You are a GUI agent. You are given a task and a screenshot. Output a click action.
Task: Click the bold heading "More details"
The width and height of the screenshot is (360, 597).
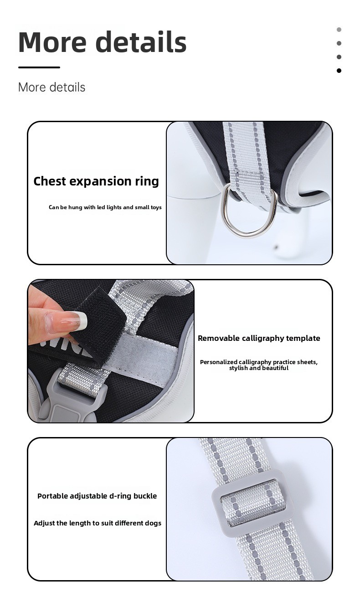click(103, 42)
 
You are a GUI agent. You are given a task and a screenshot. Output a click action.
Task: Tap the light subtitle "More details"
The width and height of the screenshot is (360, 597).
click(51, 87)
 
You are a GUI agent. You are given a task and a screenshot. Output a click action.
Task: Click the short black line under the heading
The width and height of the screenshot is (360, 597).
click(39, 67)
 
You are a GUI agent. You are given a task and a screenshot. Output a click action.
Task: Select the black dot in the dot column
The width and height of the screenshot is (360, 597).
click(339, 71)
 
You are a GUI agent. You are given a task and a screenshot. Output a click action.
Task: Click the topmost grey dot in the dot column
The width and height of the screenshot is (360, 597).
click(339, 30)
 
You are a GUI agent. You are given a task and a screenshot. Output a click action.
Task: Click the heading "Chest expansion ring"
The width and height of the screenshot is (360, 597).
click(96, 181)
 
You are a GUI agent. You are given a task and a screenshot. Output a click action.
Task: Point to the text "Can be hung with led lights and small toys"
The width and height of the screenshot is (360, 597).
click(105, 207)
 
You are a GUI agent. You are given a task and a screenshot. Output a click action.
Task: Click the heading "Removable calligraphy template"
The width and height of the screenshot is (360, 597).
click(259, 338)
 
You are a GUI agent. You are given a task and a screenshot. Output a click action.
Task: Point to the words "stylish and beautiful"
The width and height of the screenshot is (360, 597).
click(259, 368)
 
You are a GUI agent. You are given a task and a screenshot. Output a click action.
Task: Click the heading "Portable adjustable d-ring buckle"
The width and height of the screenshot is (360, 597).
click(97, 496)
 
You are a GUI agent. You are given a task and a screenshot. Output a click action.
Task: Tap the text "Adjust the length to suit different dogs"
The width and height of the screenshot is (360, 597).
click(98, 523)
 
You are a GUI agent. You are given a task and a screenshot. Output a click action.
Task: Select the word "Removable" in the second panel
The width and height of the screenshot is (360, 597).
click(219, 338)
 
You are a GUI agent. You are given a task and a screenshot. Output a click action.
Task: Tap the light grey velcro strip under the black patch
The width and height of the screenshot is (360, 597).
click(144, 352)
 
